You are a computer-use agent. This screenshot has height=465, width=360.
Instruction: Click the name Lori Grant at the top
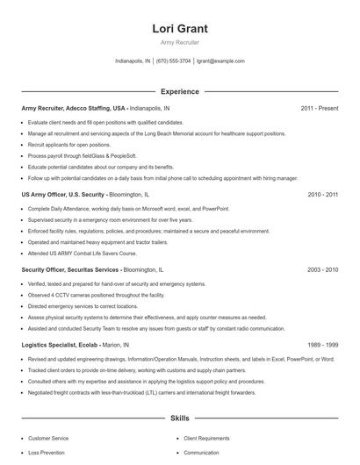[180, 29]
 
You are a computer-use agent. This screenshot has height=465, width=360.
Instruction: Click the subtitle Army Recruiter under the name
[180, 42]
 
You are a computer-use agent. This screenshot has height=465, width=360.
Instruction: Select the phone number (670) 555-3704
[174, 61]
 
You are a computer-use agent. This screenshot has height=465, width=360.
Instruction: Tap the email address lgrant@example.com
[220, 61]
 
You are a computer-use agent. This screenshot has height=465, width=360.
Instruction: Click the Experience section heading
[180, 91]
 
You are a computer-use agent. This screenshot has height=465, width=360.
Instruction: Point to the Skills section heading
[180, 419]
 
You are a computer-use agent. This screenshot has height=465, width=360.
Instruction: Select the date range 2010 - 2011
[322, 194]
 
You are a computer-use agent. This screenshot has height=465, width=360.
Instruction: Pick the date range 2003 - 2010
[322, 269]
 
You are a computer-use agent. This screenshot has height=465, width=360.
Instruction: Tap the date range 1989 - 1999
[322, 345]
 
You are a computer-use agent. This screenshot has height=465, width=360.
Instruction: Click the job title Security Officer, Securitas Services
[71, 269]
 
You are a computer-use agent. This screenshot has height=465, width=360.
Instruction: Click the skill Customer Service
[49, 437]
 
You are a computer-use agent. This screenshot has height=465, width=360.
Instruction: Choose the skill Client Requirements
[207, 437]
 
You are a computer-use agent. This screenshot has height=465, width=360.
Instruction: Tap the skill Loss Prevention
[47, 453]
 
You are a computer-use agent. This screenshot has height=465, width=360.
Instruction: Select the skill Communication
[202, 453]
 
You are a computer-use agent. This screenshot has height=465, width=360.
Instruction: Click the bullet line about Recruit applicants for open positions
[69, 144]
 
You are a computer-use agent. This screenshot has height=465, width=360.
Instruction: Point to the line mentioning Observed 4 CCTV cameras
[96, 295]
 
